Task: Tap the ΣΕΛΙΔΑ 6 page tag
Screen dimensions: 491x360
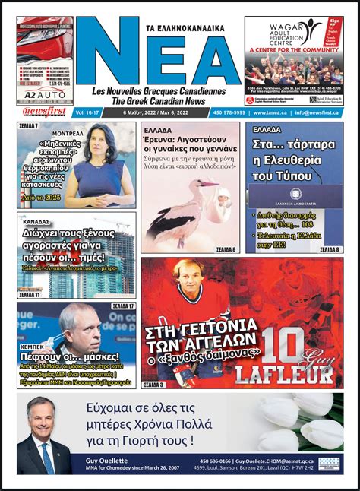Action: coord(223,250)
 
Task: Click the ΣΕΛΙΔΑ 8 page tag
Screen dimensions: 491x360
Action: coord(328,249)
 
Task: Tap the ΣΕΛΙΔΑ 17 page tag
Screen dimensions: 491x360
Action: coord(123,306)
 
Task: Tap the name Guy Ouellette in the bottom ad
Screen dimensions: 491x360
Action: coord(100,461)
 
